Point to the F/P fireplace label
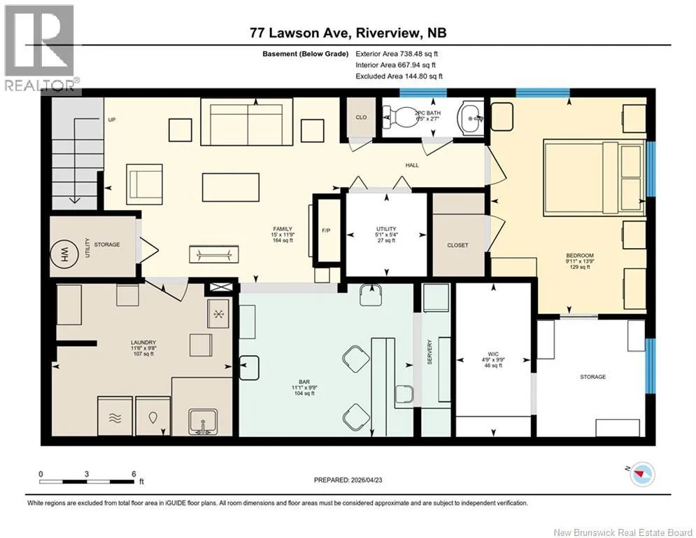tap(326, 230)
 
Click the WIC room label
tap(493, 354)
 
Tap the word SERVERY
tap(429, 352)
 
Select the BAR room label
tap(304, 382)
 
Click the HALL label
tap(412, 165)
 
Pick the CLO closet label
tap(362, 117)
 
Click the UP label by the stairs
tap(112, 120)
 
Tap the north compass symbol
tap(642, 475)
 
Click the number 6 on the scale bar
tap(134, 474)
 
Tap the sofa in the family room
tap(246, 121)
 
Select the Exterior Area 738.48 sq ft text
tap(397, 54)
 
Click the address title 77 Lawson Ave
tap(301, 32)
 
